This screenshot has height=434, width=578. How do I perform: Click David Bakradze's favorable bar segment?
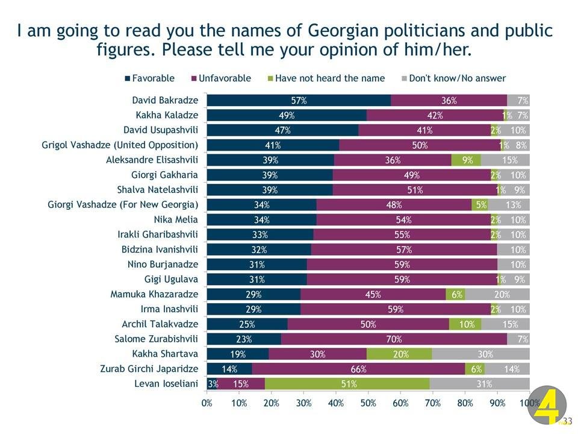point(299,101)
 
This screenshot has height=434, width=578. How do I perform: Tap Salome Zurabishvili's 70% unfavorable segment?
point(394,339)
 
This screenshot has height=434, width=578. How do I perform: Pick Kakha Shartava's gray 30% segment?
point(480,354)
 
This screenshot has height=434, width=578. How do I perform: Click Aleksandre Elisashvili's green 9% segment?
point(466,160)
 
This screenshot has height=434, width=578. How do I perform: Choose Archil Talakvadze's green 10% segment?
point(465,324)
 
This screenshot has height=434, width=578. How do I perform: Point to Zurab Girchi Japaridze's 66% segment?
point(359,368)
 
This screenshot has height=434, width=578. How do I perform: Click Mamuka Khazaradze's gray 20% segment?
point(497,294)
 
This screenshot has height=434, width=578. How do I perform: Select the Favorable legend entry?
point(149,78)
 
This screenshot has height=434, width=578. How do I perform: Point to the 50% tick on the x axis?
point(368,403)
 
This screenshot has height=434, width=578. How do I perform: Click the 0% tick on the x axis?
point(207,403)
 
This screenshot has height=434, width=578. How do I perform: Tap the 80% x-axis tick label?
point(465,403)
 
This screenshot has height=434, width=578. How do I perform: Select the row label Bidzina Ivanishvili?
point(163,250)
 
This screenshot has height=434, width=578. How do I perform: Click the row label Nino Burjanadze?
point(163,265)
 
